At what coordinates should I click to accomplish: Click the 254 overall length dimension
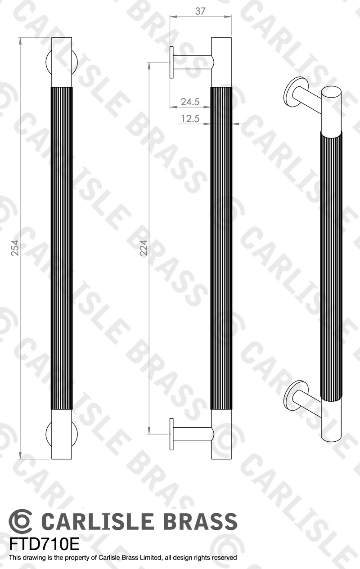tap(15, 248)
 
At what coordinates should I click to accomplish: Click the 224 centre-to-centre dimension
tap(144, 248)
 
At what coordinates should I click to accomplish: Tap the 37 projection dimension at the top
tap(200, 11)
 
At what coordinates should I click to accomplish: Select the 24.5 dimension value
tap(190, 102)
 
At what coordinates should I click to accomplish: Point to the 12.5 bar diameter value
tap(190, 118)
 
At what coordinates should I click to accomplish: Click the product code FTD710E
tap(44, 545)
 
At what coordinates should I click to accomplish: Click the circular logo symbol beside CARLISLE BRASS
tap(20, 521)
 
